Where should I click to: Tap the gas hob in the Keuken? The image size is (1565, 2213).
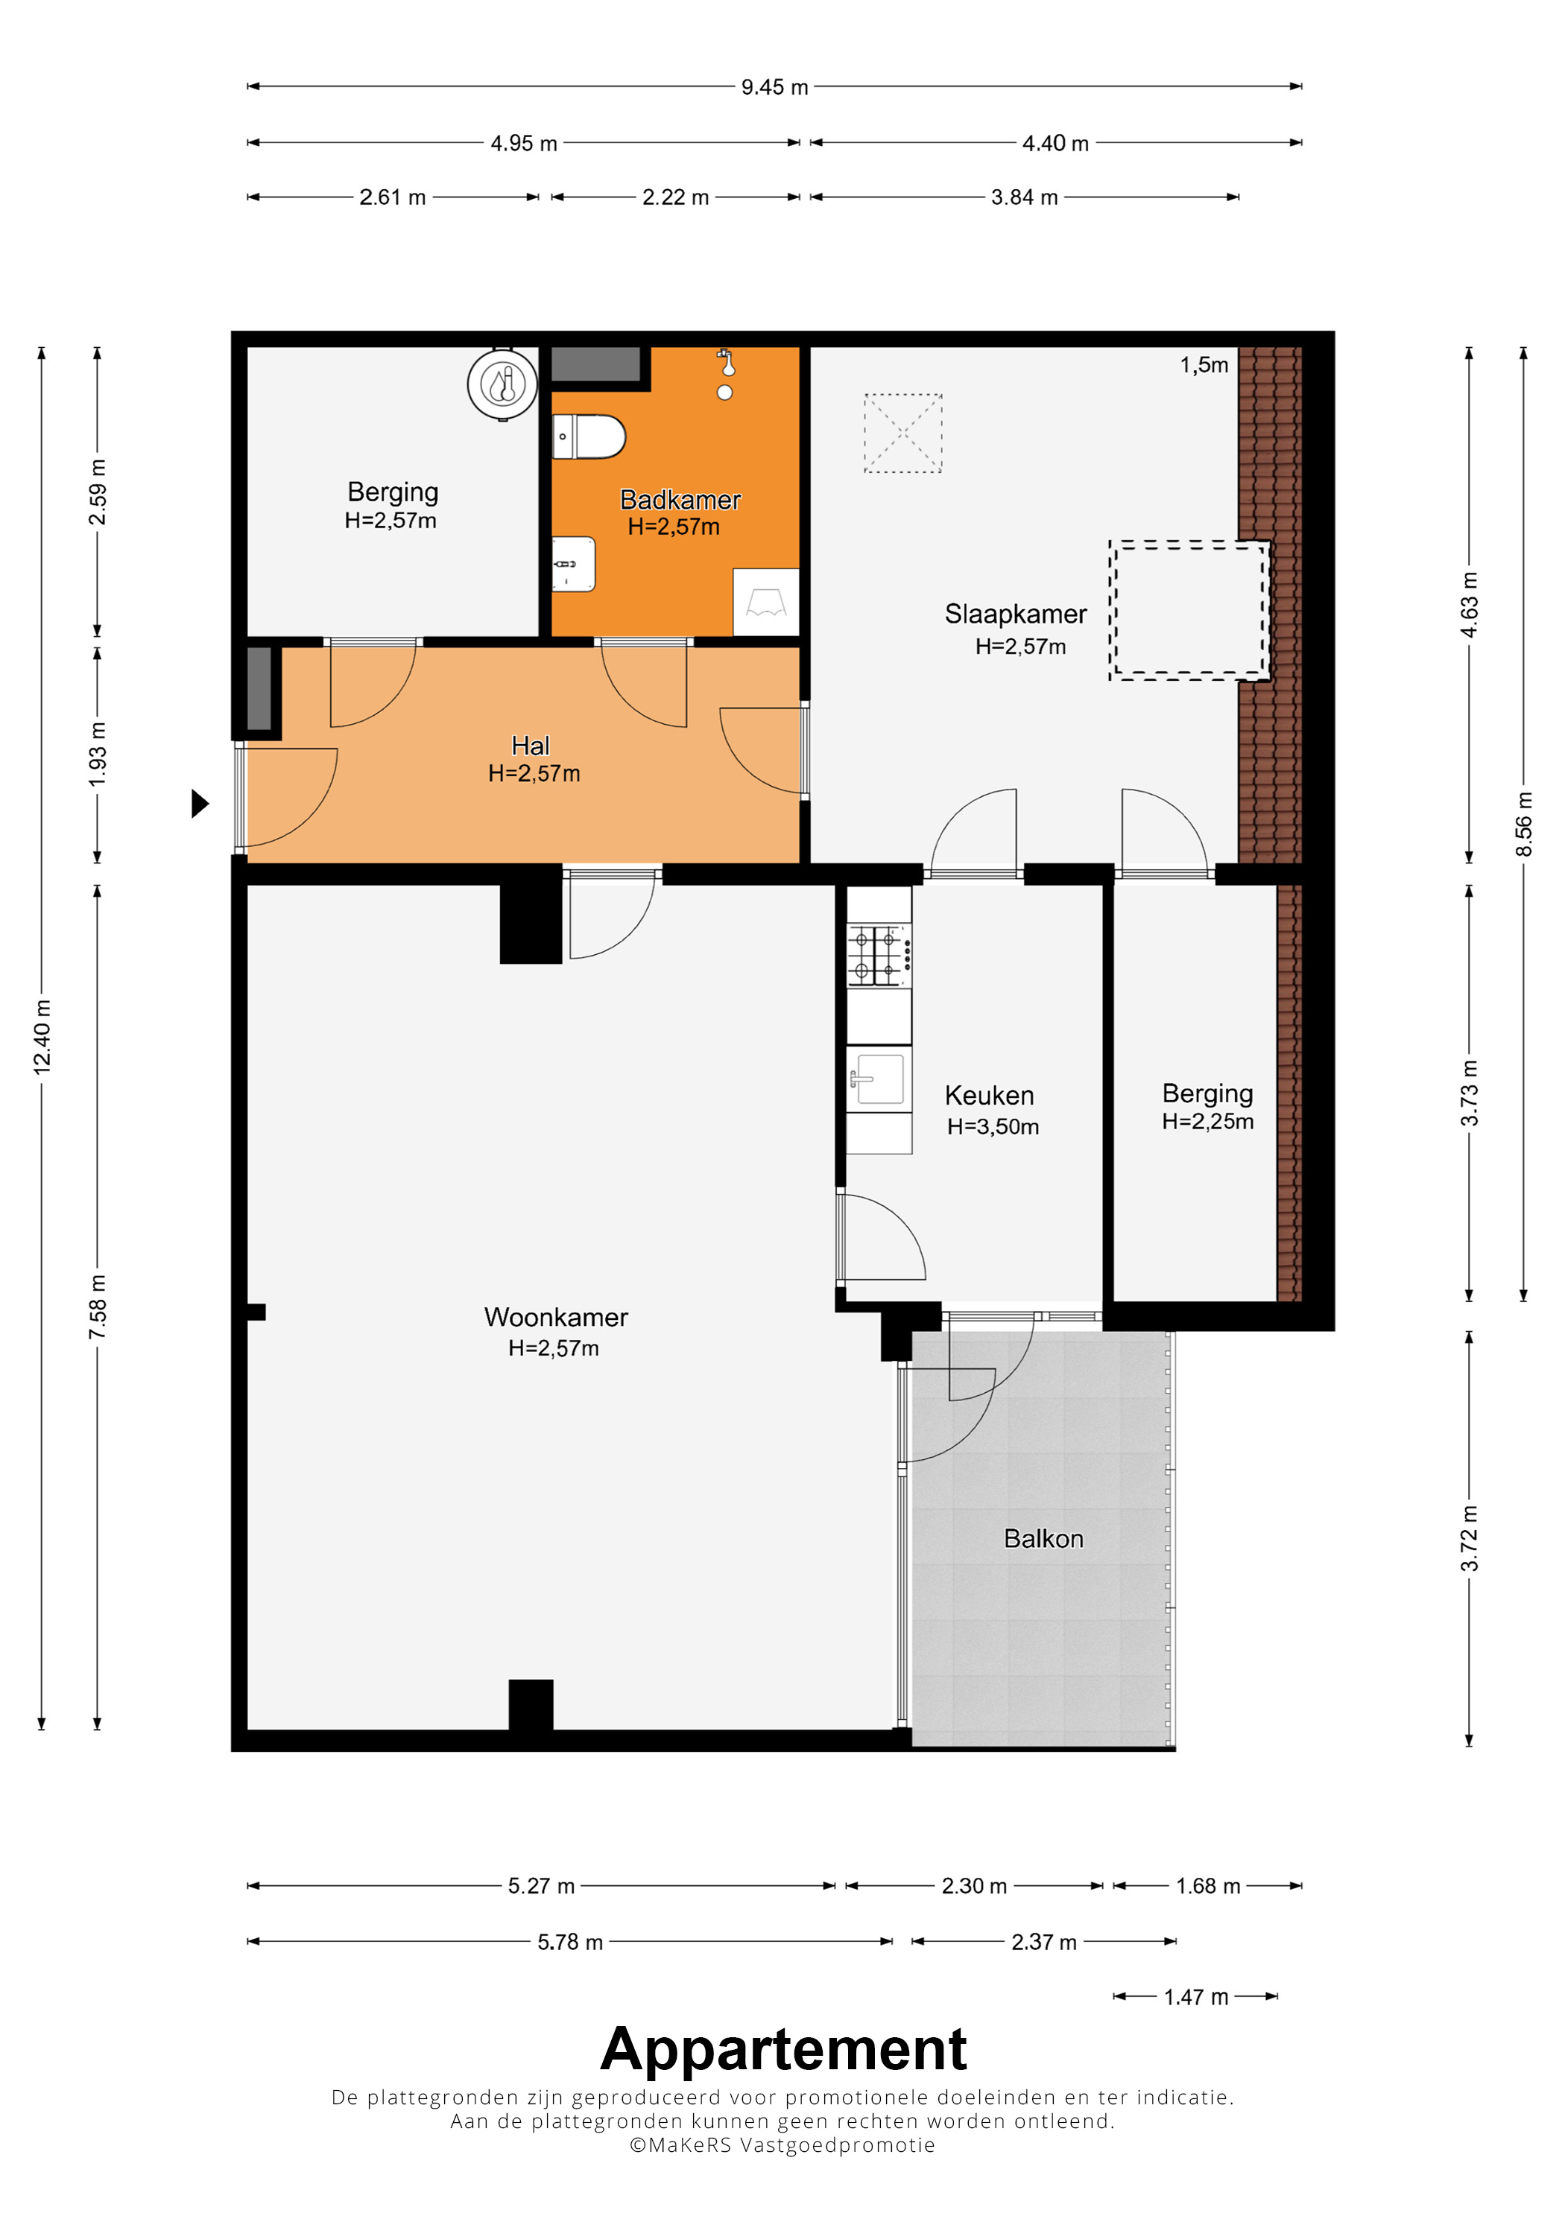[879, 954]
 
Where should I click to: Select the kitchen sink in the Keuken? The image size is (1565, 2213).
[879, 1079]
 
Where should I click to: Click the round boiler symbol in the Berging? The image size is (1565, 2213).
[502, 384]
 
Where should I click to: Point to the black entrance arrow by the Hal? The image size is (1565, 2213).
[200, 803]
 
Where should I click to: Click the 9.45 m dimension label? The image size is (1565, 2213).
[774, 86]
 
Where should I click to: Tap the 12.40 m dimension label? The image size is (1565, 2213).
[42, 1036]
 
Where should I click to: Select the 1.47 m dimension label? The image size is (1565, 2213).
[1195, 1997]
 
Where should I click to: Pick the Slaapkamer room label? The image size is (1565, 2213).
[1015, 614]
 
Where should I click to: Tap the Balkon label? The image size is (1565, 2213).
[1043, 1538]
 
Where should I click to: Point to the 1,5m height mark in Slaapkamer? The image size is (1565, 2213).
[1204, 365]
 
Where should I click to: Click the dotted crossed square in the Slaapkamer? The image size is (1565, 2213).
[902, 433]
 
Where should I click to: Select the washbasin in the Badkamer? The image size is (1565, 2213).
[574, 564]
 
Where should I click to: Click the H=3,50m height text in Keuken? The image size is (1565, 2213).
[993, 1127]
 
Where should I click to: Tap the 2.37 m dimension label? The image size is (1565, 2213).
[1043, 1942]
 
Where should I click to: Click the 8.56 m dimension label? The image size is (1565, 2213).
[1523, 824]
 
